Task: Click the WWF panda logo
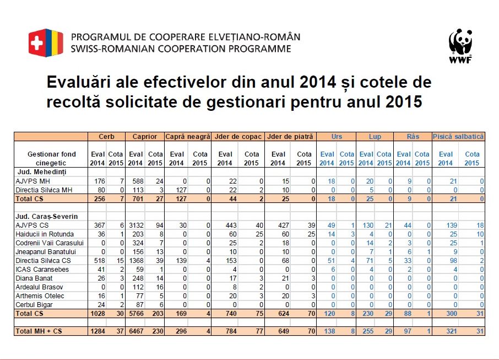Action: pyautogui.click(x=460, y=46)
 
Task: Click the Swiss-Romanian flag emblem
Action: pyautogui.click(x=46, y=42)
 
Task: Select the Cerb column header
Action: pyautogui.click(x=106, y=137)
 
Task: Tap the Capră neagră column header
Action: pyautogui.click(x=188, y=137)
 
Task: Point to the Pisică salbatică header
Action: pyautogui.click(x=458, y=137)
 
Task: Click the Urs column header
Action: pyautogui.click(x=337, y=137)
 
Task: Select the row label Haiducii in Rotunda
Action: pyautogui.click(x=45, y=234)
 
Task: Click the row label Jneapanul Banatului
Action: pyautogui.click(x=46, y=252)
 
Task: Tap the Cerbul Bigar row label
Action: pyautogui.click(x=34, y=304)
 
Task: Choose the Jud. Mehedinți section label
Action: pyautogui.click(x=42, y=172)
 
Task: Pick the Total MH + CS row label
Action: pyautogui.click(x=39, y=331)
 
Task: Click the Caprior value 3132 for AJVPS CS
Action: pyautogui.click(x=136, y=225)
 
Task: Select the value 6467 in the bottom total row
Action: pyautogui.click(x=136, y=331)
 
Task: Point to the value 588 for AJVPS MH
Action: pyautogui.click(x=138, y=181)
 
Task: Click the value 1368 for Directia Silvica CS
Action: pyautogui.click(x=136, y=261)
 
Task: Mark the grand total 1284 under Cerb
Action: pyautogui.click(x=97, y=331)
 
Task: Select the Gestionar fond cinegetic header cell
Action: pyautogui.click(x=52, y=159)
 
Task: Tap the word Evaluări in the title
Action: pyautogui.click(x=79, y=82)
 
